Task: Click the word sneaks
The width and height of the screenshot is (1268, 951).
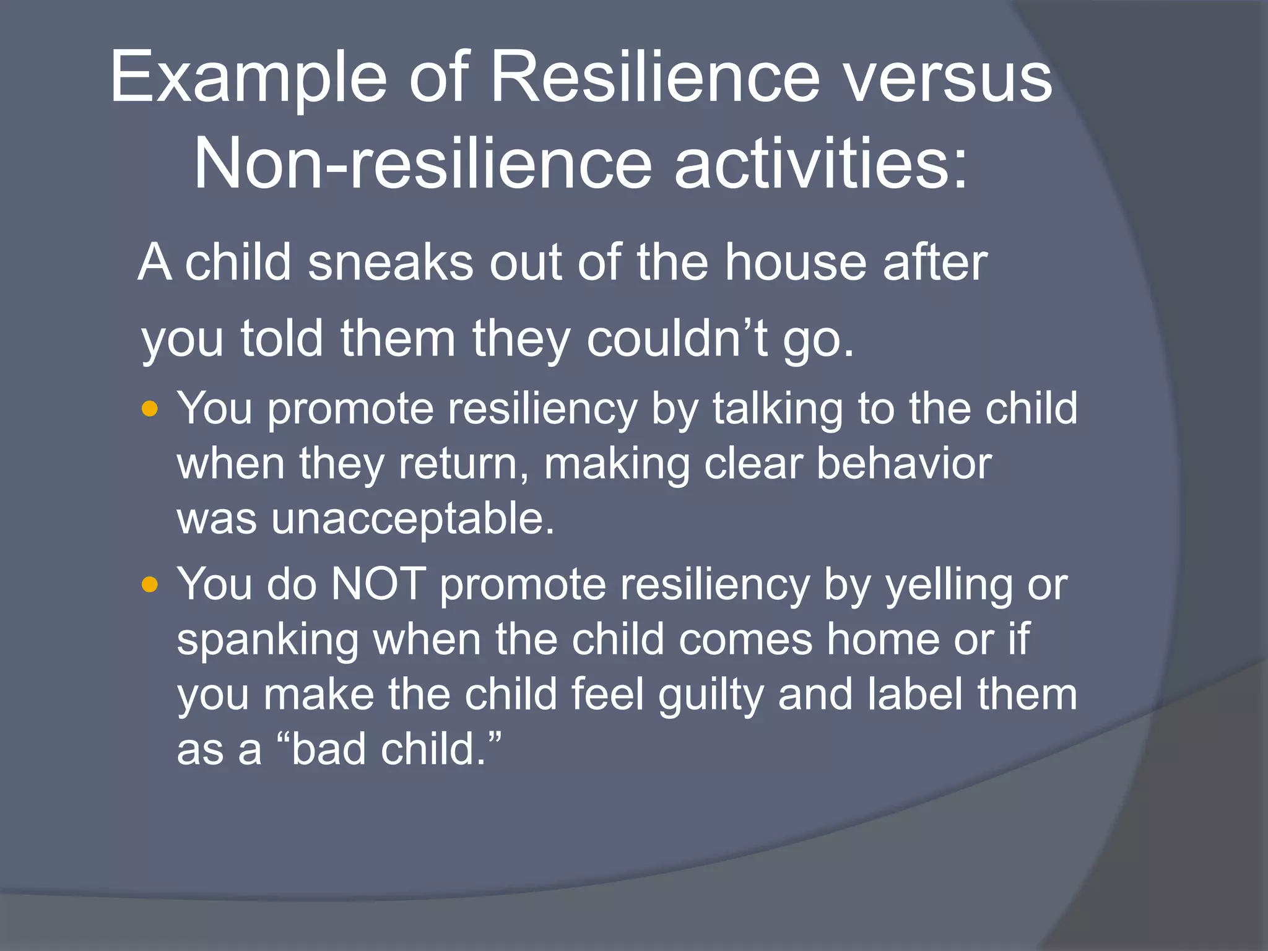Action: (391, 263)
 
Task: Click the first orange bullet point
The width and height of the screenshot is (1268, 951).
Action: (150, 409)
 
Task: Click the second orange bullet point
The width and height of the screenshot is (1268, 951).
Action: (150, 584)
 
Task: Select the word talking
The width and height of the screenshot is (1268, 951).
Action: (778, 409)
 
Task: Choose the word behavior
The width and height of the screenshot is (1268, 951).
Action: (905, 464)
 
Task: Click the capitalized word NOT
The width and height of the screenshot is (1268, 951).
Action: (378, 584)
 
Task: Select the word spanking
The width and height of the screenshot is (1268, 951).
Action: (267, 640)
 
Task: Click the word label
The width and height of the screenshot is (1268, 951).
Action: (914, 694)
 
